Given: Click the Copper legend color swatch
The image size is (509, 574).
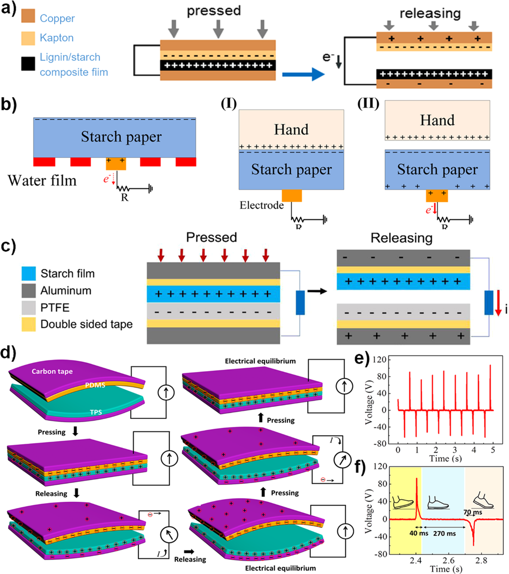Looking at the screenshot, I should (28, 16).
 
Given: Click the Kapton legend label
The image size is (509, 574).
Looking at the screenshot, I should (57, 38).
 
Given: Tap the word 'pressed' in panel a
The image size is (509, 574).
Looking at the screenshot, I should (214, 11).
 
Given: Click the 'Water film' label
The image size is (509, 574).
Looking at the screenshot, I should (42, 181).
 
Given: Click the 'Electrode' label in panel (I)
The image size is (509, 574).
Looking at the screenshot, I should (261, 205).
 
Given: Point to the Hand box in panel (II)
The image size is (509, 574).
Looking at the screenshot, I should (437, 120).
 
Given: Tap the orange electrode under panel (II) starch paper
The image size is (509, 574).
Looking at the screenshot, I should (437, 196).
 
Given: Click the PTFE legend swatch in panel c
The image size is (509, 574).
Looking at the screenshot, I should (29, 308).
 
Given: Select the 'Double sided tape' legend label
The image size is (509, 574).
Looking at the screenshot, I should (87, 324).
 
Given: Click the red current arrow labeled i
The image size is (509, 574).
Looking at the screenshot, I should (498, 303).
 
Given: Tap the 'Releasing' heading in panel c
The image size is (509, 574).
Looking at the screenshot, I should (401, 238).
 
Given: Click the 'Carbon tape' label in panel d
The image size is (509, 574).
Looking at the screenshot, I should (52, 372).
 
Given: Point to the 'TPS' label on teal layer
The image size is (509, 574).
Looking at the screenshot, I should (96, 412).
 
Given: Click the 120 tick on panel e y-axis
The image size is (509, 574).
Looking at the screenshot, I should (380, 360).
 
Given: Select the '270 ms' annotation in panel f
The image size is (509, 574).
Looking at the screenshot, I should (444, 534).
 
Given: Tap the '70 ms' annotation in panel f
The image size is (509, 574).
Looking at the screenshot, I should (473, 512).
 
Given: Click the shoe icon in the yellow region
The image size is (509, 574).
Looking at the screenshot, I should (403, 503).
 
